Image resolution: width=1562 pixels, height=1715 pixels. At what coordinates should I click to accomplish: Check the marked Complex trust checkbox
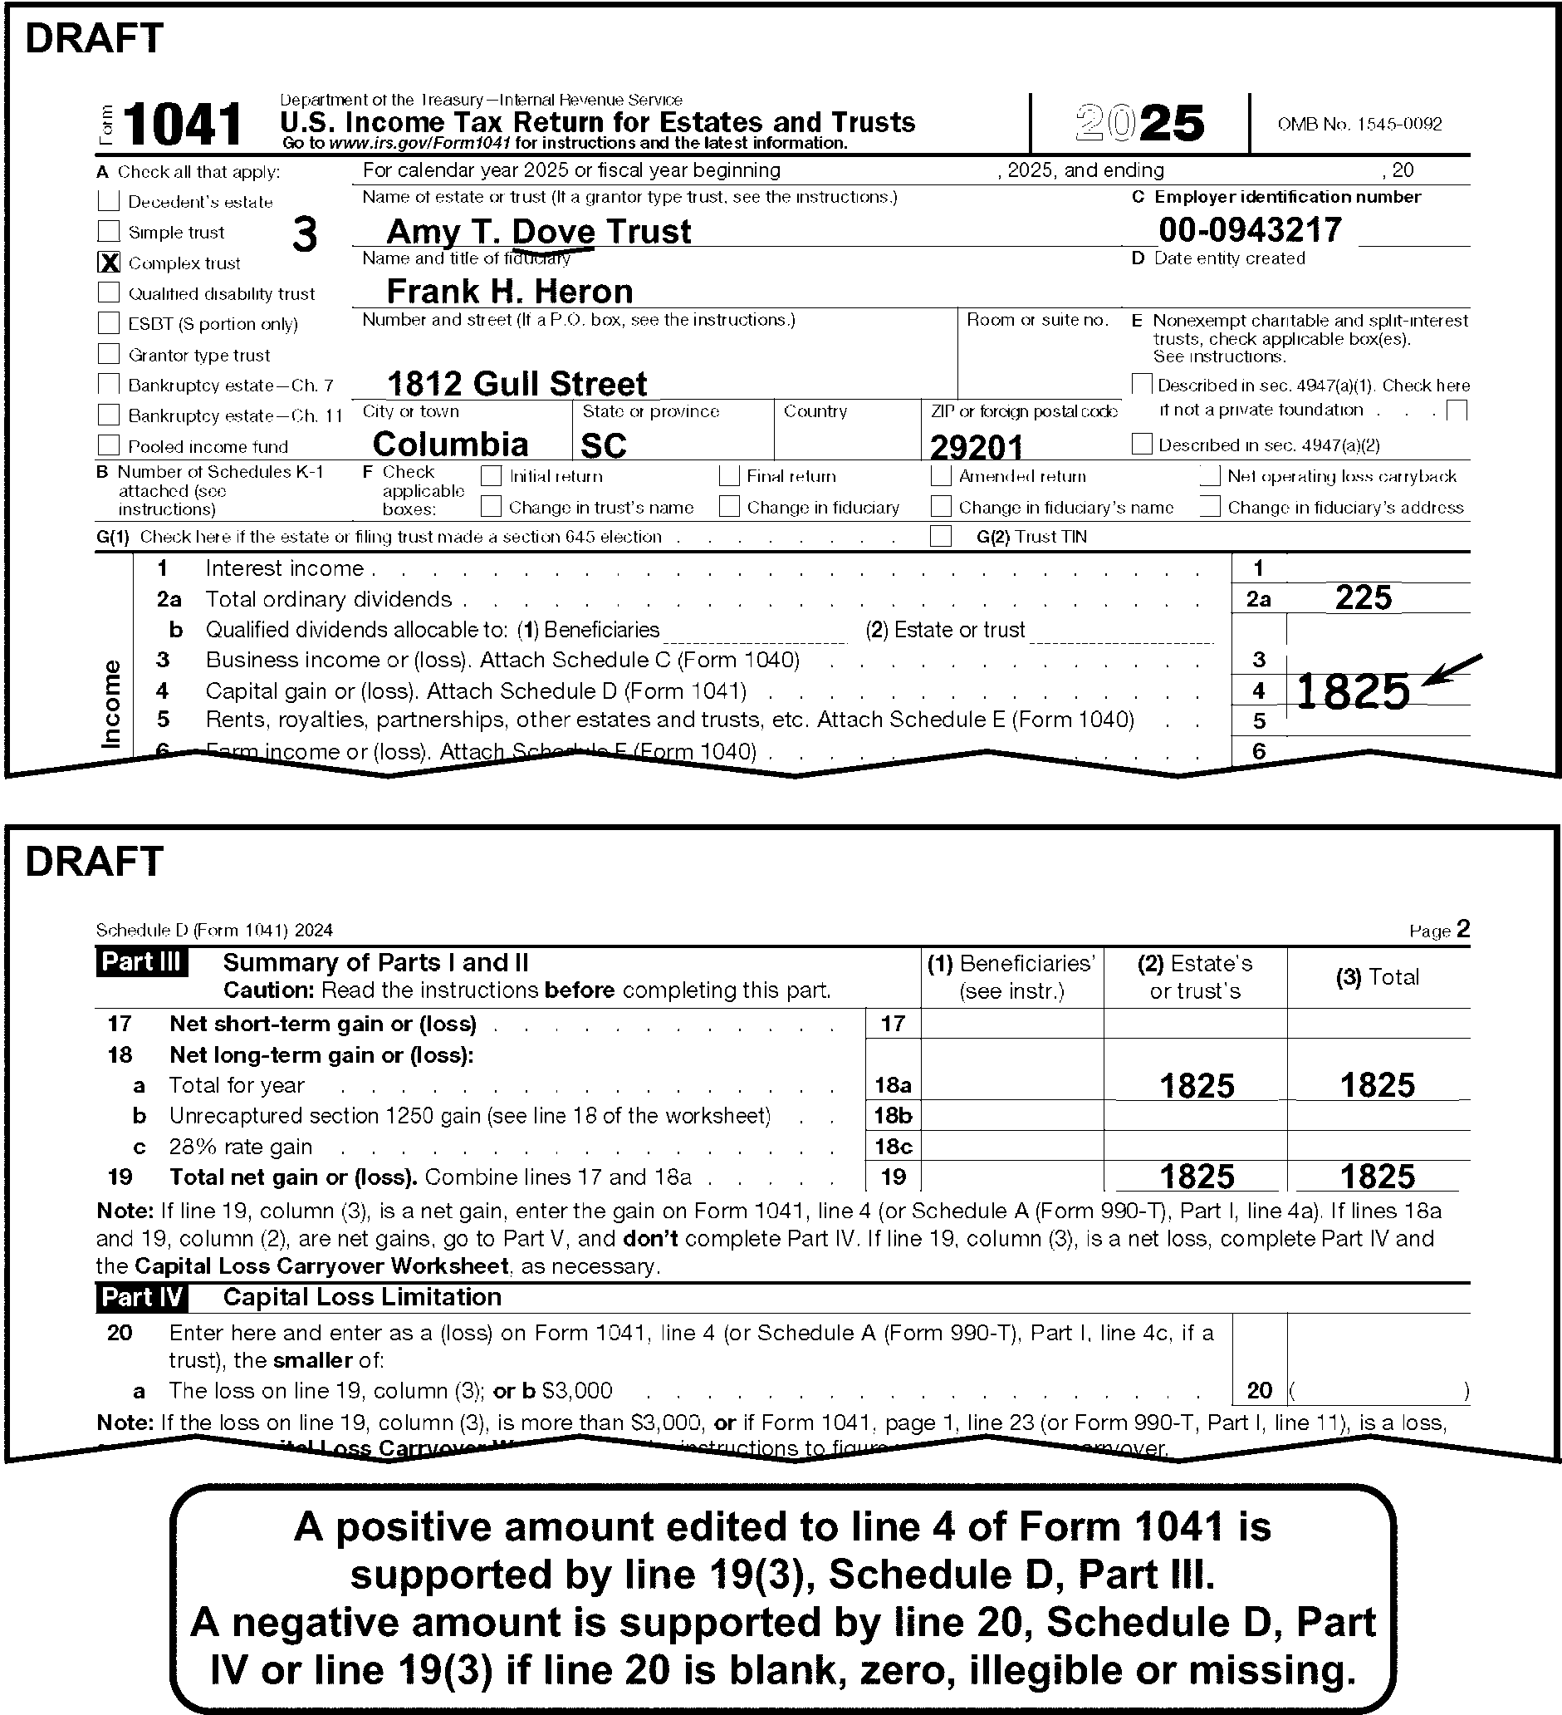[x=109, y=263]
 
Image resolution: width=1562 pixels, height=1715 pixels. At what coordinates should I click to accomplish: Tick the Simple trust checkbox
[x=109, y=231]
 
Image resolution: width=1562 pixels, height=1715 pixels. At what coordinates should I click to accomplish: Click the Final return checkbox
[x=729, y=475]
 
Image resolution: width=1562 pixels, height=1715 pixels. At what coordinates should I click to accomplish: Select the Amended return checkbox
[x=940, y=475]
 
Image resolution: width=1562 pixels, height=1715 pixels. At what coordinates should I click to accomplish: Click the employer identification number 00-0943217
[x=1250, y=229]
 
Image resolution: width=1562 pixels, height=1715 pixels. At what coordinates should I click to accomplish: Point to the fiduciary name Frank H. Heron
[x=509, y=292]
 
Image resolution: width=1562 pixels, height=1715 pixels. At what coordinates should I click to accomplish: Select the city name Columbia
[x=451, y=444]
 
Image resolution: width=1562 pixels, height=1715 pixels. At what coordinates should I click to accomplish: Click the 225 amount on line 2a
[x=1363, y=598]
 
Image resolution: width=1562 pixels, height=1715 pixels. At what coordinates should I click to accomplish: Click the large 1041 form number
[x=183, y=124]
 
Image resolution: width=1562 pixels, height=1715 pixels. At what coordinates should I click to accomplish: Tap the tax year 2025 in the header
[x=1139, y=124]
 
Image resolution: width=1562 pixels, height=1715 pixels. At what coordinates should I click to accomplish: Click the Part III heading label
[x=141, y=962]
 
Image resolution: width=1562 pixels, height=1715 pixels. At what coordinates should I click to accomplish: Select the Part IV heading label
[x=141, y=1297]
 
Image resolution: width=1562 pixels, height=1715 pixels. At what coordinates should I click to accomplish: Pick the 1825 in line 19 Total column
[x=1377, y=1177]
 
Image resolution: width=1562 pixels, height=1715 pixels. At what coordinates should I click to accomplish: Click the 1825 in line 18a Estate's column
[x=1196, y=1085]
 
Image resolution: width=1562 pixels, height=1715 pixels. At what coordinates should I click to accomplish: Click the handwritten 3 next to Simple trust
[x=305, y=234]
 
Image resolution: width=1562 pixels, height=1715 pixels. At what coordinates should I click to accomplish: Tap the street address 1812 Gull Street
[x=517, y=384]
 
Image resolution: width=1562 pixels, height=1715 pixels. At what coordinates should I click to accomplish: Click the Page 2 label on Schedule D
[x=1439, y=930]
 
